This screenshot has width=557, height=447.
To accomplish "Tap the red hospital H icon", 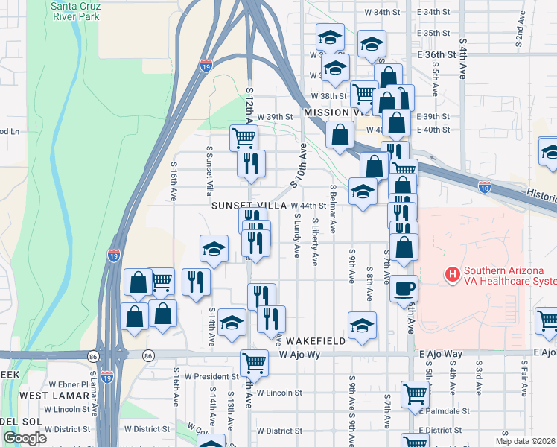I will [452, 275].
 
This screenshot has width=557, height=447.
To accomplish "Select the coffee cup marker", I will [404, 289].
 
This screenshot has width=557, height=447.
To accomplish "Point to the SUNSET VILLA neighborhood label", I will [249, 205].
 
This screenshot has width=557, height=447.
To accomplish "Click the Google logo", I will [25, 438].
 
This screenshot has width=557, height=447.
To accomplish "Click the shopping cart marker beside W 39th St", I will [244, 136].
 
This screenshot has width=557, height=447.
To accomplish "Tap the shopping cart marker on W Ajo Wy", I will [254, 363].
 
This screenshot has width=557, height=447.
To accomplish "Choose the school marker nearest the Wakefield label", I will [363, 325].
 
